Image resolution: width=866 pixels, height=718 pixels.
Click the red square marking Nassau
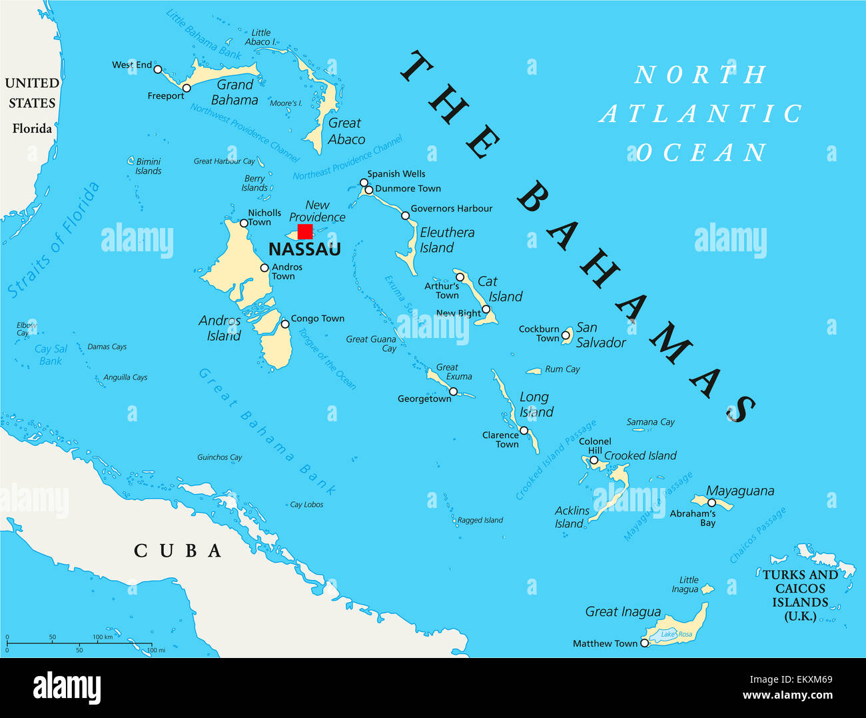coord(305,231)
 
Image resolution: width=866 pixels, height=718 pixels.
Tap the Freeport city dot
coord(187,88)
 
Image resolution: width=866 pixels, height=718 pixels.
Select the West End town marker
coord(158,69)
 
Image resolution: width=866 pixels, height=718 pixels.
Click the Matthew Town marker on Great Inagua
coord(644,643)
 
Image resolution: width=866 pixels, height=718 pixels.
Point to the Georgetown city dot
coord(453,391)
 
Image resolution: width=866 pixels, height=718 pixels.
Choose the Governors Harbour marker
coord(405,215)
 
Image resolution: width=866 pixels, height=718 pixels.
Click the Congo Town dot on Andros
coord(285,324)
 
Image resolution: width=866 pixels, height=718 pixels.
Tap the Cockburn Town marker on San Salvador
coord(565,335)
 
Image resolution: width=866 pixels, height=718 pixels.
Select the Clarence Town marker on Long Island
coord(524,431)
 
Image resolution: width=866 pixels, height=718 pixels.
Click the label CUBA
coord(178,551)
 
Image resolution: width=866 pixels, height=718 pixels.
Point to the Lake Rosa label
coord(676,634)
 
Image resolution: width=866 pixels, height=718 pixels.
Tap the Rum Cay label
coord(562,369)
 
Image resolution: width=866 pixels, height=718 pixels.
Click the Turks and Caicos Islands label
coord(800,595)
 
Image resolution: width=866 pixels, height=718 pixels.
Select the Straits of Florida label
coord(53,240)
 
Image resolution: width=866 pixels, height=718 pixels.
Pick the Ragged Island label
coord(480,520)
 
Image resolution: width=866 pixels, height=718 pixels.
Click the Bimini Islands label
coord(148,166)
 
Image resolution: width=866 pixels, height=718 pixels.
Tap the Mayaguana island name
coord(740,491)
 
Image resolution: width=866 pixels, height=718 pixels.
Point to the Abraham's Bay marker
coord(711,503)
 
